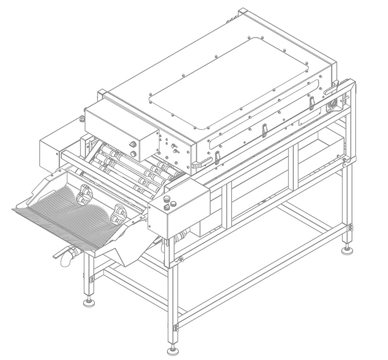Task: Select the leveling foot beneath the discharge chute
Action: tap(88, 302)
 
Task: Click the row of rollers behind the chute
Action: tap(133, 168)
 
